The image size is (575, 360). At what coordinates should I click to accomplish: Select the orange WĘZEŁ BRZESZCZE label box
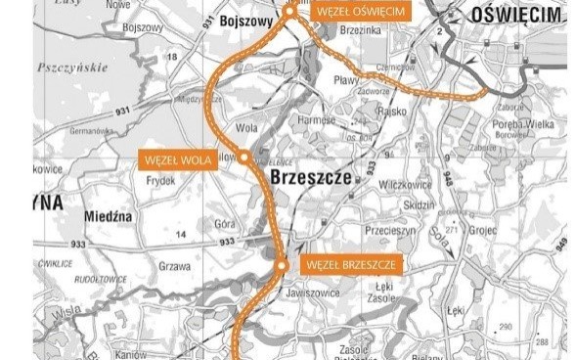click(349, 265)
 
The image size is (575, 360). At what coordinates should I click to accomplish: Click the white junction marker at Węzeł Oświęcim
click(289, 11)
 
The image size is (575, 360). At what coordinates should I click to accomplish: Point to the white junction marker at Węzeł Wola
click(244, 156)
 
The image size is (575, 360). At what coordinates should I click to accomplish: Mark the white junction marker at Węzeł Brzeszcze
click(281, 265)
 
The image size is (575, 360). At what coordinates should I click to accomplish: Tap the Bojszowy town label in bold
click(251, 19)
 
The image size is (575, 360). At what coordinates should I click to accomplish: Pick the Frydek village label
click(160, 181)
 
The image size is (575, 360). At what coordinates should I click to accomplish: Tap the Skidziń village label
click(418, 207)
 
